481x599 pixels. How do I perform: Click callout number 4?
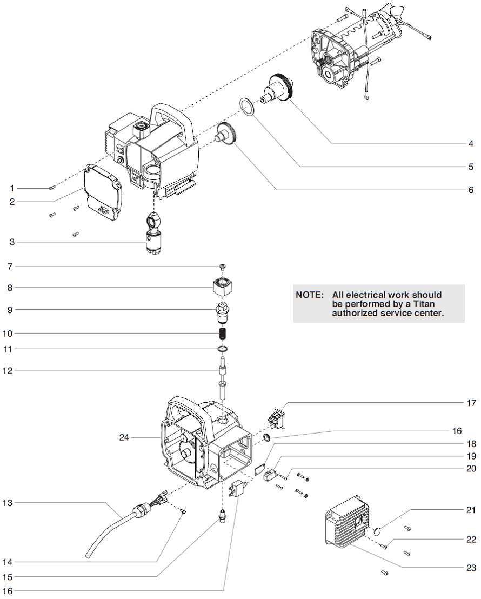(471, 143)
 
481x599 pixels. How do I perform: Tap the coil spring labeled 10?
(222, 335)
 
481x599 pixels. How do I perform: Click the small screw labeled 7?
(223, 266)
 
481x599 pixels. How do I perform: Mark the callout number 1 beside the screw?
(11, 188)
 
